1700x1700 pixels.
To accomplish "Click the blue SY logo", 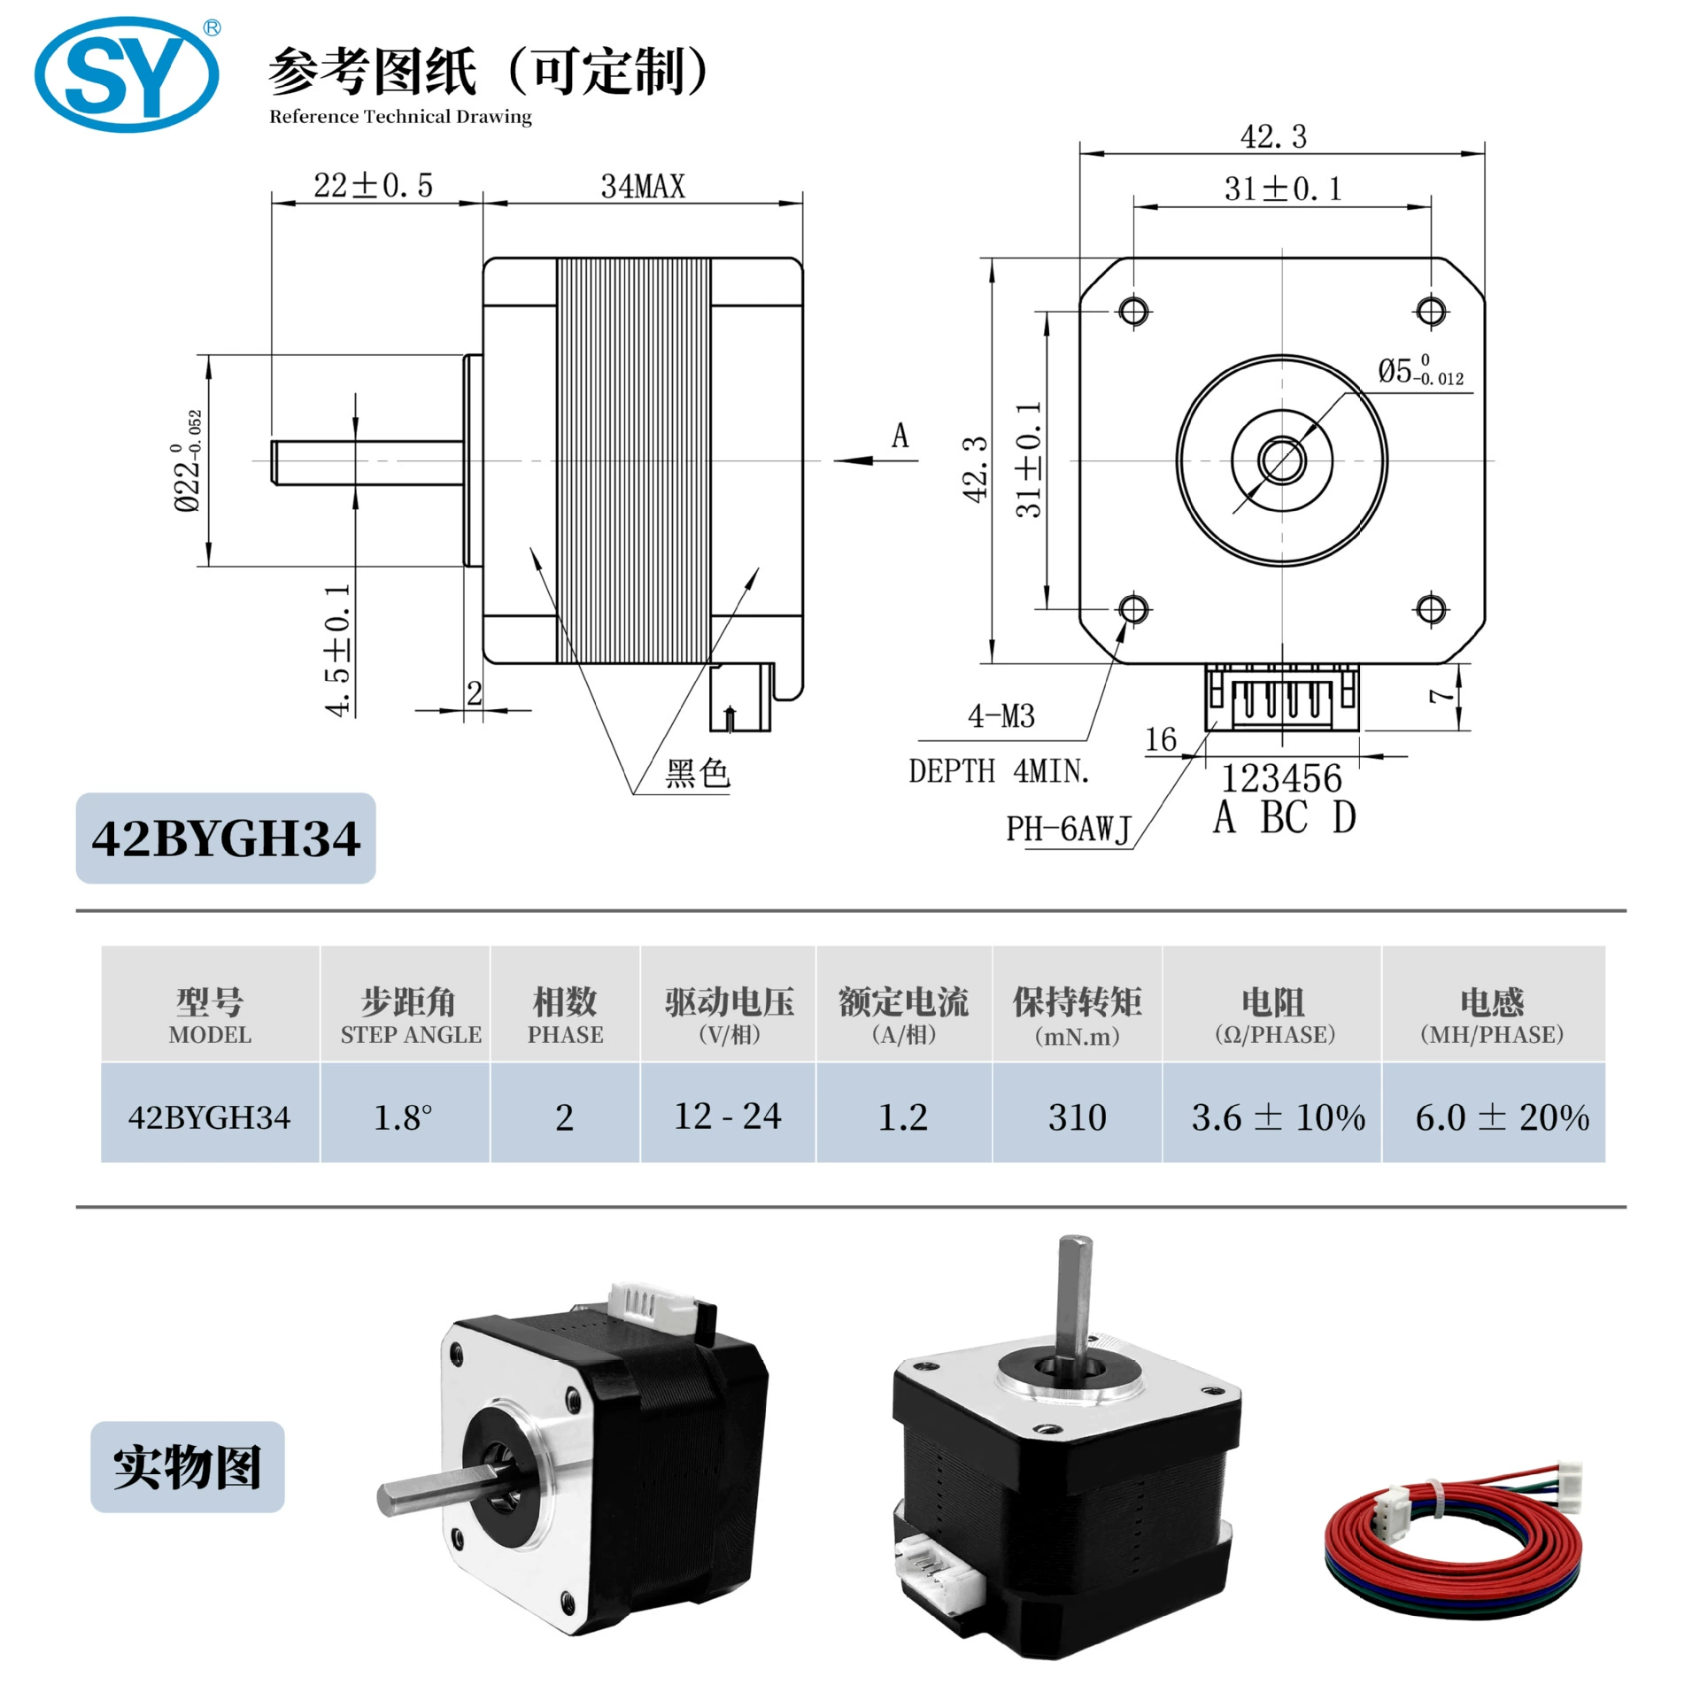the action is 127,74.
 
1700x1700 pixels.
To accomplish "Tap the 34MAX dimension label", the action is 643,186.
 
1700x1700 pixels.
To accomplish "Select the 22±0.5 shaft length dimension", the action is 373,185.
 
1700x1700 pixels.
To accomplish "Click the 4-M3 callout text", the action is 1001,715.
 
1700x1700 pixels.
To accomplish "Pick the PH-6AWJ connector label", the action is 1069,829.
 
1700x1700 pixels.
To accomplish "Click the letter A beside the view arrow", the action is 900,436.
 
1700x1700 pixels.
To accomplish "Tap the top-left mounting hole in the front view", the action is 1133,311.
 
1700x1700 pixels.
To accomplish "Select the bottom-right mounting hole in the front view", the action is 1431,608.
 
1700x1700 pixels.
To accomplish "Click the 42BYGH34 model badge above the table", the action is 226,838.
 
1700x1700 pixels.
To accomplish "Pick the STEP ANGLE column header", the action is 411,1034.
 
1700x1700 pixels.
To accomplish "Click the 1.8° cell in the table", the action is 403,1117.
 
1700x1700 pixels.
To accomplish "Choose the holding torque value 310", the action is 1077,1117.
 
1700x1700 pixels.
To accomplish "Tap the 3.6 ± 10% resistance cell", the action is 1278,1117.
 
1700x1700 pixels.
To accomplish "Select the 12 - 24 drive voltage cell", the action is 728,1117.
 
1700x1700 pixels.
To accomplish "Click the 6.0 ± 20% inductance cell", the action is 1502,1117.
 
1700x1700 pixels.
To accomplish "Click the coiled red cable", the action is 1452,1558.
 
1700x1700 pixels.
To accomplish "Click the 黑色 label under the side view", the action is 697,773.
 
